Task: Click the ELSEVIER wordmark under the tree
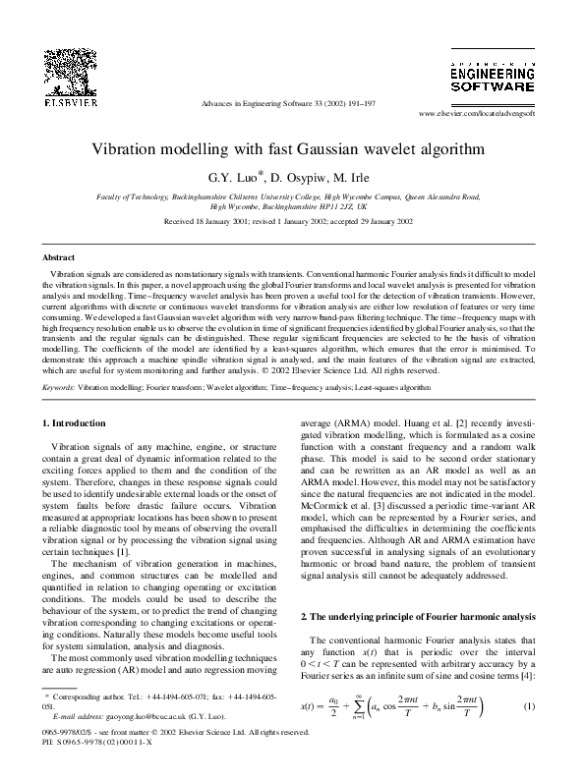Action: [x=63, y=101]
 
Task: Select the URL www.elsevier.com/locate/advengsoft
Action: [x=491, y=115]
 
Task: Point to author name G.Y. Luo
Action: [x=236, y=180]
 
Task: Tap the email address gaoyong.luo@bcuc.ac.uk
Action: [x=137, y=719]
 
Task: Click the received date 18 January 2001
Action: [x=215, y=223]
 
